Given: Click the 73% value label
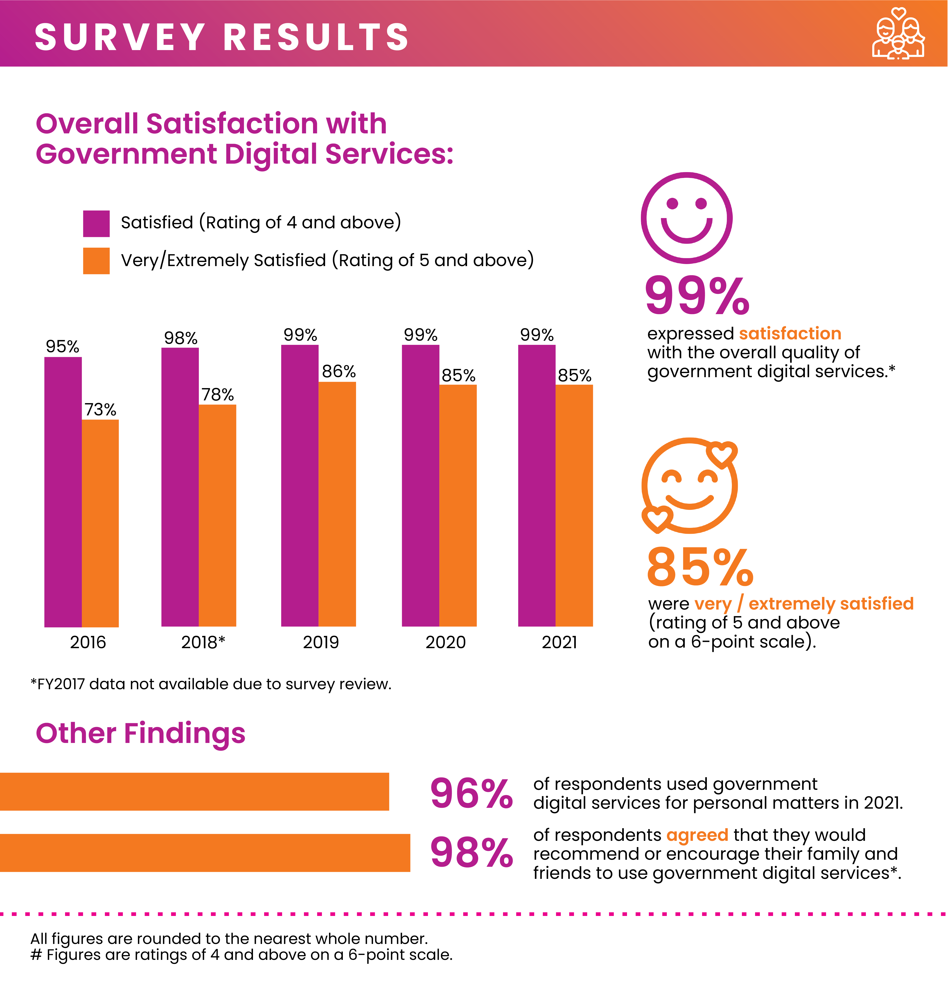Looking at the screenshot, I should [100, 410].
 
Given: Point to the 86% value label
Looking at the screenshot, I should [339, 371].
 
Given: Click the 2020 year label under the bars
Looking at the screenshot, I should [446, 642].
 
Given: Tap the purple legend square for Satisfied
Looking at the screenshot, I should [96, 223].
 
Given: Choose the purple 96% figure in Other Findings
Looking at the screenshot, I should [471, 794].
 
